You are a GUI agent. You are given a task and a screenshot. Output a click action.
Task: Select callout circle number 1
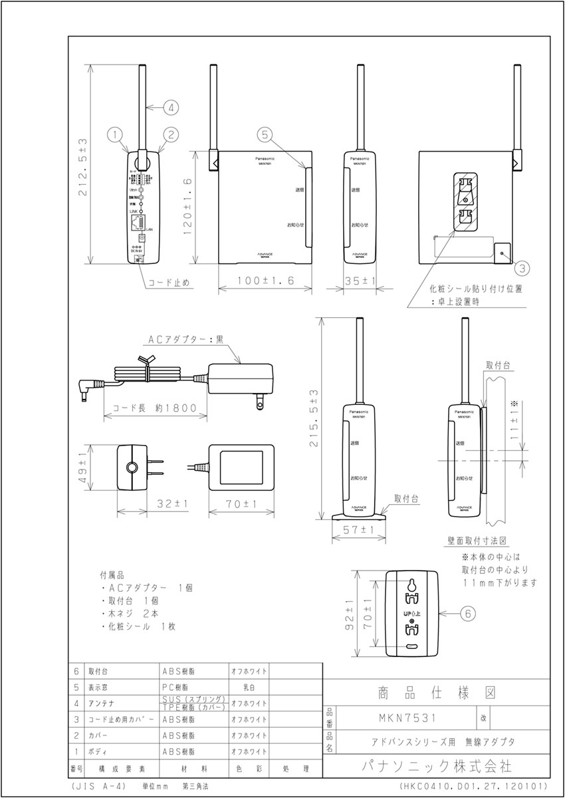coord(116,134)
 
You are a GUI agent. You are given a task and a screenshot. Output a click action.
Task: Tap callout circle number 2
coord(171,134)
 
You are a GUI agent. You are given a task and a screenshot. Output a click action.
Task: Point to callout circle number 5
coord(265,134)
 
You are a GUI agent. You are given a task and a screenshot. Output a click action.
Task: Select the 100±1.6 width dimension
coord(264,281)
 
